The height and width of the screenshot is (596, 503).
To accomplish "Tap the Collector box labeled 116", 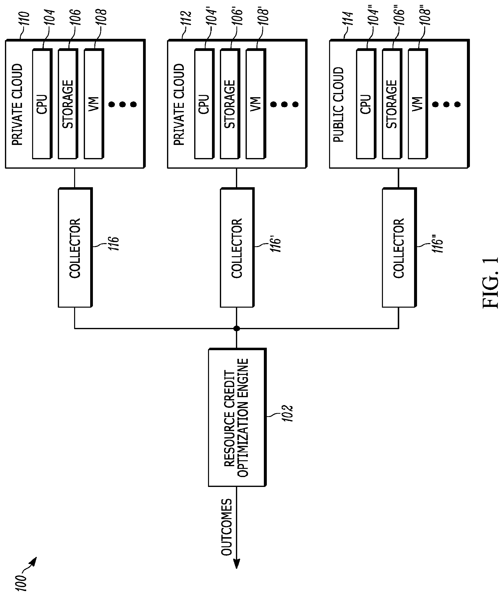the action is [x=75, y=248].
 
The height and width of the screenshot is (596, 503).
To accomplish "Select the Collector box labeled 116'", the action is [x=237, y=248].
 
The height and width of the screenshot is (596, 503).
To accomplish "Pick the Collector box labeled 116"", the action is [x=399, y=248].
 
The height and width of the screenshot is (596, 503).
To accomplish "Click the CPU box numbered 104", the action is [x=42, y=104].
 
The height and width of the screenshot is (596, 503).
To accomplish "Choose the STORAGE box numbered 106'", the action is [x=230, y=104].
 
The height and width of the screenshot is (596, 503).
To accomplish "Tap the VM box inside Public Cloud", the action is [x=418, y=104].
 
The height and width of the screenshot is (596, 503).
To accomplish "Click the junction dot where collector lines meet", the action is [x=236, y=329].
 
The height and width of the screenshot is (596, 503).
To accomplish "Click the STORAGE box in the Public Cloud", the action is [x=392, y=104].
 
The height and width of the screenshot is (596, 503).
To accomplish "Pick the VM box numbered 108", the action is [x=94, y=104].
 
